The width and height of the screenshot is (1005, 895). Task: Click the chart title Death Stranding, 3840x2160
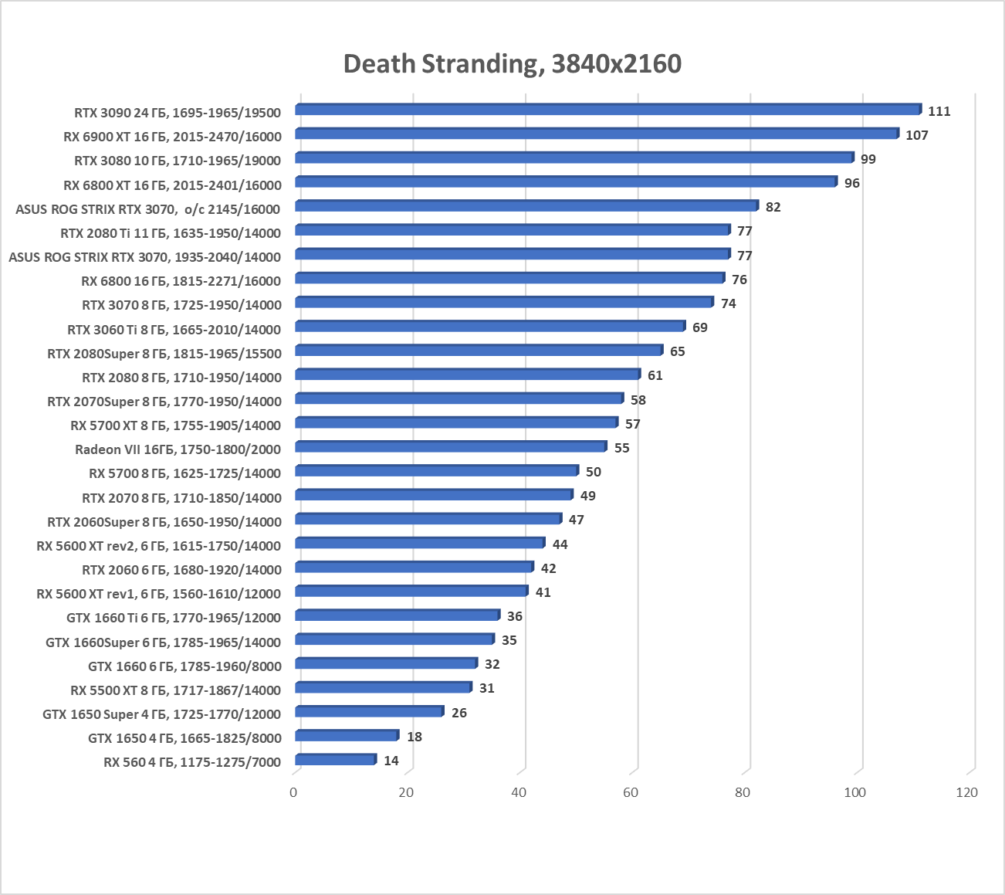click(512, 63)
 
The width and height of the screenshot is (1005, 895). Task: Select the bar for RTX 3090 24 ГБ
click(607, 110)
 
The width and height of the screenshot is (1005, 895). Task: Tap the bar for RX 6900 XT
click(596, 134)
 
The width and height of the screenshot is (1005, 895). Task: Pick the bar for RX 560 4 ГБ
click(335, 760)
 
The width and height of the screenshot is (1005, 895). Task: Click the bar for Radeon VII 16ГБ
click(450, 447)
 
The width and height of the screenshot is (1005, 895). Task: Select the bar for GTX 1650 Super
click(368, 712)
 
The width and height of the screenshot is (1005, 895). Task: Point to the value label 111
click(939, 111)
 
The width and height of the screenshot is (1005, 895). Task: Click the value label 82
click(773, 207)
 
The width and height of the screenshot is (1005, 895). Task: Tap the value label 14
click(391, 761)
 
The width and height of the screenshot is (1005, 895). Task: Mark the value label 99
click(868, 159)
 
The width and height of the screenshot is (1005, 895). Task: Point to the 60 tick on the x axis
click(631, 792)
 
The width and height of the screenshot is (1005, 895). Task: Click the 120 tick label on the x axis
click(966, 792)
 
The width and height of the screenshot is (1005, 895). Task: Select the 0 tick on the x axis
click(293, 792)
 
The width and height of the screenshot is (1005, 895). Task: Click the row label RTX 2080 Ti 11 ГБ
click(171, 232)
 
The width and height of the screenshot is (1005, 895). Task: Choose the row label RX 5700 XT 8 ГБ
click(175, 425)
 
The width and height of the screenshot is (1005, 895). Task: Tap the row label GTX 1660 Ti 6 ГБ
click(174, 618)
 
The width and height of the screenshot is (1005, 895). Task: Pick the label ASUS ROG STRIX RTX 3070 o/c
click(147, 208)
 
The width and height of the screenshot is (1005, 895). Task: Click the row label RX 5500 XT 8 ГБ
click(175, 690)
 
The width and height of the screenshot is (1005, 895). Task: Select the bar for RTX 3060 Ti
click(489, 327)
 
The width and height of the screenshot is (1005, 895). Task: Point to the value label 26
click(459, 713)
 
